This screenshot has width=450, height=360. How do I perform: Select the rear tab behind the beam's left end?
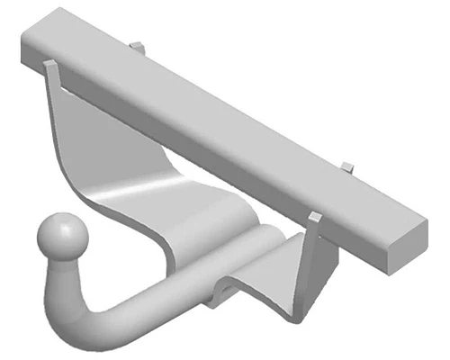(135, 44)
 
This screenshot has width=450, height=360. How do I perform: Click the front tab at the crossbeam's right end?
(314, 221)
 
